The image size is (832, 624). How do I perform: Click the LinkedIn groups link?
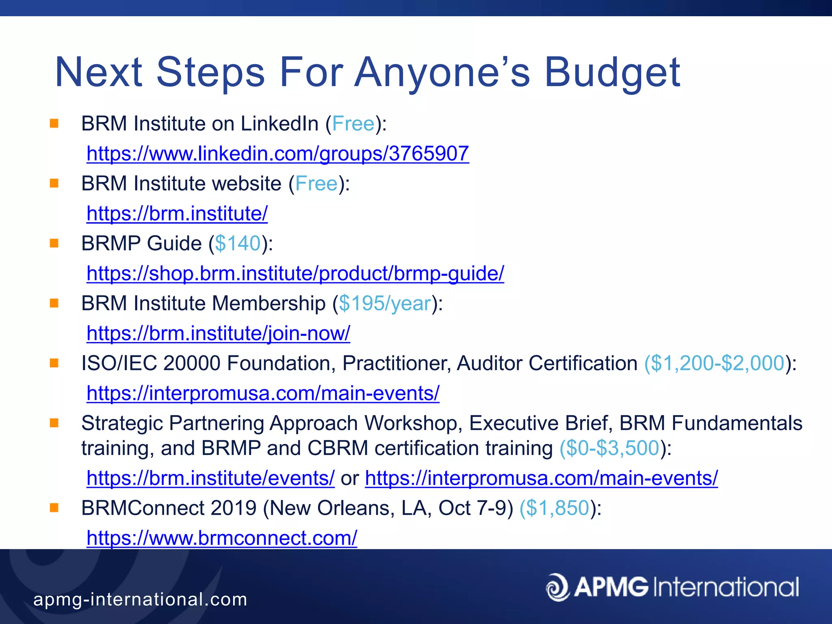(278, 154)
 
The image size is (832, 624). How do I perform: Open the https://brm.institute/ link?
(177, 214)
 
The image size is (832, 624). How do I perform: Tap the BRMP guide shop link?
(295, 273)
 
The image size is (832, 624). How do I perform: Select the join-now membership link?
(218, 334)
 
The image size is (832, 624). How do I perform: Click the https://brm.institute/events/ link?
(210, 478)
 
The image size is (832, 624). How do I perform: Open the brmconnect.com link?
(222, 538)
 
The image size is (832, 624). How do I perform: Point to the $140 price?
(238, 244)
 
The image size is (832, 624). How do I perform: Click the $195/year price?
(385, 304)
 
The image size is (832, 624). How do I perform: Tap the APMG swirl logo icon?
(557, 587)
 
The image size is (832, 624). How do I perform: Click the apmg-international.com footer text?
(140, 600)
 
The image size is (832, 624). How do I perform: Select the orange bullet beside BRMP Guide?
(54, 243)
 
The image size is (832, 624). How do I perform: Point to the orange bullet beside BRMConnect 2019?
(54, 507)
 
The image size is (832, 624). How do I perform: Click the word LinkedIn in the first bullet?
(279, 124)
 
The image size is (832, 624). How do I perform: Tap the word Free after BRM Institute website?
(316, 184)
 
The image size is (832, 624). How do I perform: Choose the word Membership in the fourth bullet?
(269, 304)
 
